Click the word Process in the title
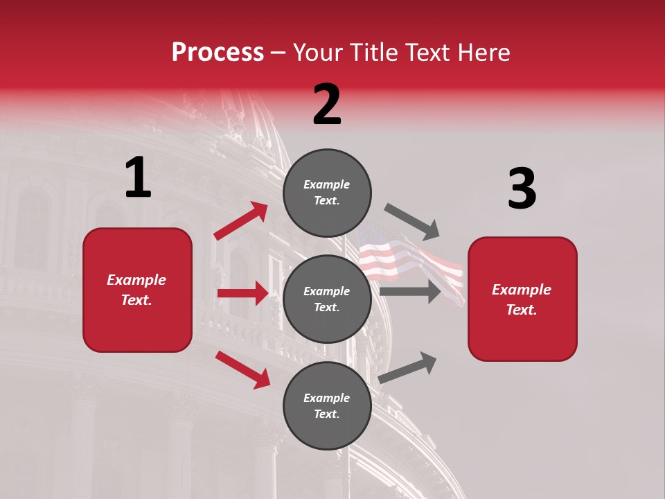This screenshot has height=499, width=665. [218, 52]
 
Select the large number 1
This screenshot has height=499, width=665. [138, 178]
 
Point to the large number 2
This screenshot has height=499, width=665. [327, 105]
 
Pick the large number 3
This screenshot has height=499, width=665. [522, 189]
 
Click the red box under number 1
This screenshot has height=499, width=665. [137, 290]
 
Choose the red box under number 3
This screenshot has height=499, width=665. [522, 299]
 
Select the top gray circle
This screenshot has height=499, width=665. [327, 193]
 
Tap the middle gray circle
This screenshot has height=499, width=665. [327, 299]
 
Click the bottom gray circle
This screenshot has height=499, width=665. [327, 405]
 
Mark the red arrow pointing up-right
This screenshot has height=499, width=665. [241, 221]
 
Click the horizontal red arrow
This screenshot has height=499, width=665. [242, 293]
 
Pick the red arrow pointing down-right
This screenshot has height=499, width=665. [242, 369]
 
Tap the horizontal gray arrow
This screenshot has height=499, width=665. [410, 291]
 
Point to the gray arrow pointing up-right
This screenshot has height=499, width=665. [408, 367]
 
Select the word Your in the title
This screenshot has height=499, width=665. [319, 52]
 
